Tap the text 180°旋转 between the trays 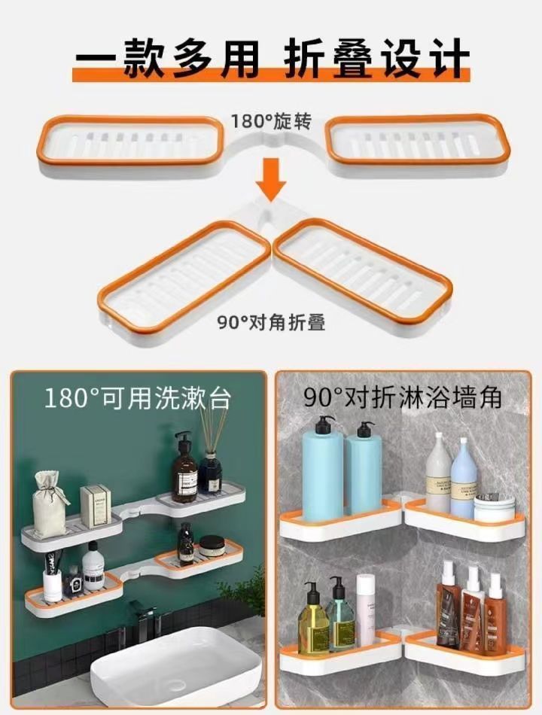271,120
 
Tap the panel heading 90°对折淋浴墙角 403,397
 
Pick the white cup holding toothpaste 53,582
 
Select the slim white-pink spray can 366,609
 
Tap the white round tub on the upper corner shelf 495,508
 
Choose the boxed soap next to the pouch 96,506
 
